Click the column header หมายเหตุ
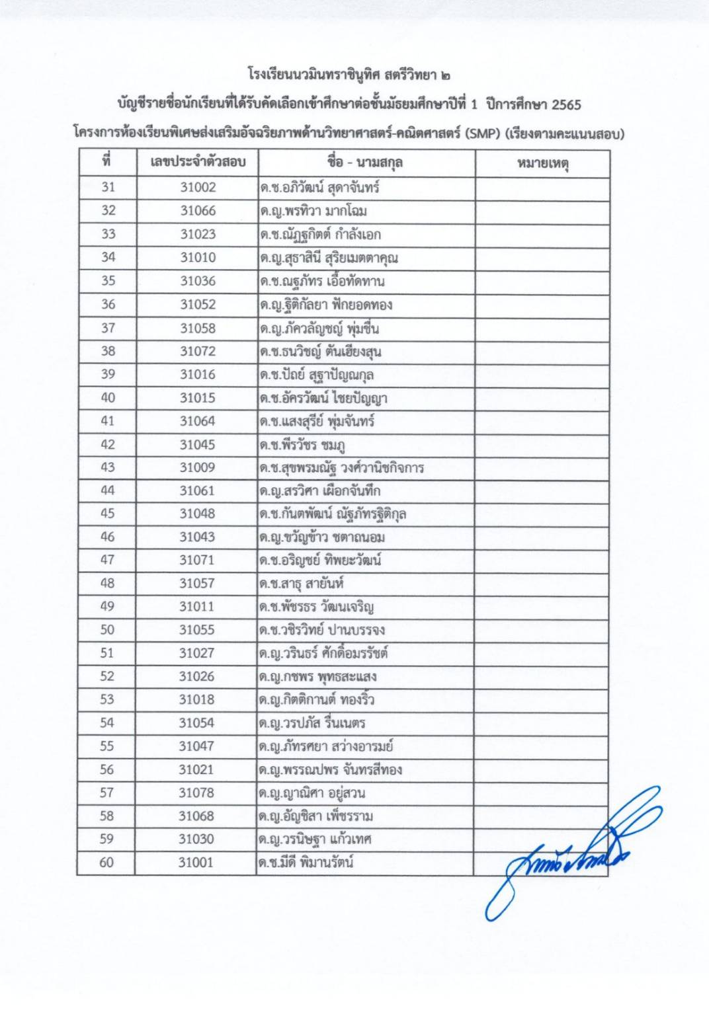(542, 163)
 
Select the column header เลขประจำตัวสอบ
(198, 163)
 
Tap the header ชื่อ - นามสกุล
(365, 163)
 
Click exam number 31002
(198, 188)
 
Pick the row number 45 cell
(107, 514)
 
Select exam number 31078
(198, 793)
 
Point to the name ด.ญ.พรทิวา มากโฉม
(313, 212)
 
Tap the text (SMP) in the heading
(482, 134)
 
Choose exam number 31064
(198, 421)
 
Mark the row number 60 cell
(107, 863)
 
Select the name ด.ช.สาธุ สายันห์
(302, 584)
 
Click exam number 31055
(198, 630)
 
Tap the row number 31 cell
(107, 188)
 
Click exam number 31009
(198, 467)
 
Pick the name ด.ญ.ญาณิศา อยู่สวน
(312, 793)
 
